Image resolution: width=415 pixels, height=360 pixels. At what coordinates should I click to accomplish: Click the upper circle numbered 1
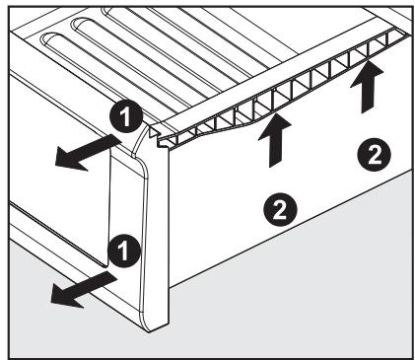126,116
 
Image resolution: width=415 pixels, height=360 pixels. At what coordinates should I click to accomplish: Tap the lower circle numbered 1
123,251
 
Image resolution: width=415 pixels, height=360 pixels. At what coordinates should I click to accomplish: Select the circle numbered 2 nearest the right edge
374,155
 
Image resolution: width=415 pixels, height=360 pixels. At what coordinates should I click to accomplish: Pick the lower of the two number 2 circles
280,209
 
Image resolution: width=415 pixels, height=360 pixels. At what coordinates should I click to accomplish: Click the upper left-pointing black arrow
89,153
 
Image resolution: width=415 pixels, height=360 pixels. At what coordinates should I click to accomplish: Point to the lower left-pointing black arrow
84,291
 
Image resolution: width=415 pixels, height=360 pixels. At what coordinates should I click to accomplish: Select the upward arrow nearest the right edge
367,87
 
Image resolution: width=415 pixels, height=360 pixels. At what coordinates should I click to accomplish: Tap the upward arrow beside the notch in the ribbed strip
275,140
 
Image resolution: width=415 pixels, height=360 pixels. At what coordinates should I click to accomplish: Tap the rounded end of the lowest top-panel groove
47,38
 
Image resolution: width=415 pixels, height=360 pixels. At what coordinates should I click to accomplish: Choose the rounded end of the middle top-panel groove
78,24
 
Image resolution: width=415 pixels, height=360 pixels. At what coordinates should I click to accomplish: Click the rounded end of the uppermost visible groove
105,12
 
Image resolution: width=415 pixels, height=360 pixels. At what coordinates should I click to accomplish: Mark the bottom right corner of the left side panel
106,265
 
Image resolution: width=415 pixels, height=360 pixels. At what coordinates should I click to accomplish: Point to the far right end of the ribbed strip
407,36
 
